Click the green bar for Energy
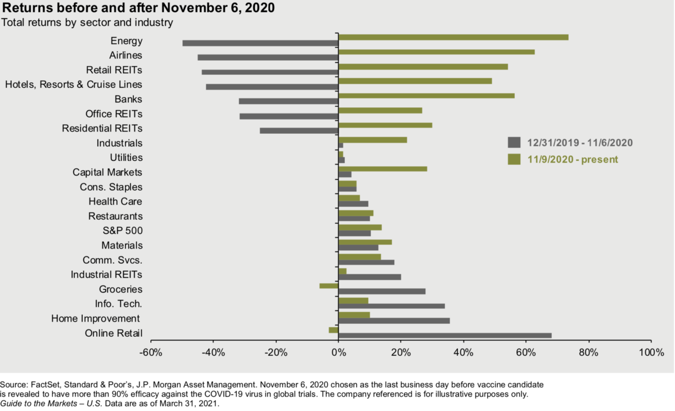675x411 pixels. [x=453, y=37]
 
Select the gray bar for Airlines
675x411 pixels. [x=268, y=57]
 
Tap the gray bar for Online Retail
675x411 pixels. [x=445, y=336]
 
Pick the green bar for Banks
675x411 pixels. [x=426, y=96]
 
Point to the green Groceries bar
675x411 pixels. [x=328, y=286]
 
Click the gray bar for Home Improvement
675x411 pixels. [x=394, y=320]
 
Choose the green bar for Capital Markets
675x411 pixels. [x=382, y=169]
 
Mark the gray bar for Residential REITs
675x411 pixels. [x=299, y=130]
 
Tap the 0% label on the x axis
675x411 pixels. [x=338, y=353]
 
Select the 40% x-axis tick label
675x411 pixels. [x=463, y=353]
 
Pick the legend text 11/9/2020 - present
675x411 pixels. [x=573, y=159]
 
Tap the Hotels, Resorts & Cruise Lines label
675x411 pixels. [x=73, y=84]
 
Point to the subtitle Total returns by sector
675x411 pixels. [x=87, y=22]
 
